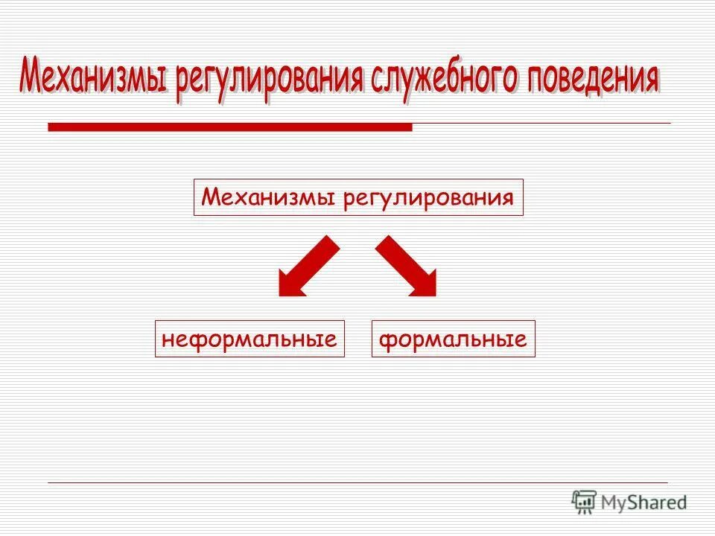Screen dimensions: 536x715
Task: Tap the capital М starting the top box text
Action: [x=210, y=198]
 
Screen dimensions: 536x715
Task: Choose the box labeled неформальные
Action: [x=250, y=339]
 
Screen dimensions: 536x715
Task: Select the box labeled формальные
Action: [x=453, y=339]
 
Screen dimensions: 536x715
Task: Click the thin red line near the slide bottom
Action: [x=357, y=482]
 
